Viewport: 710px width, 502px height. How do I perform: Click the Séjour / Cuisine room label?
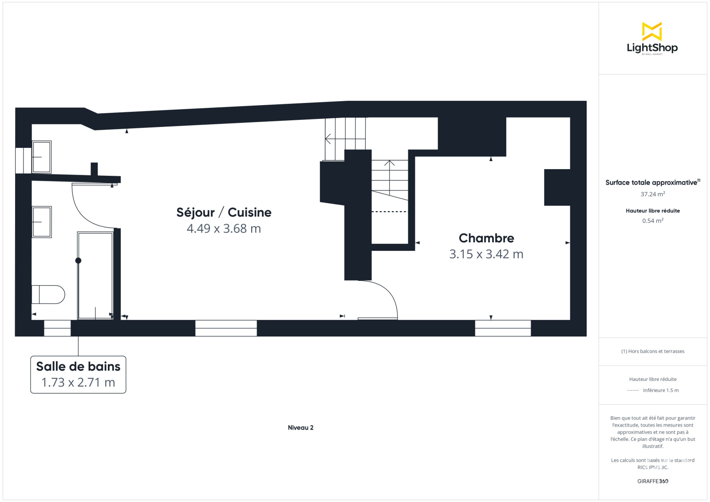(x=224, y=212)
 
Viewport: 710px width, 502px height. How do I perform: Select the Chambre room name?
(x=486, y=238)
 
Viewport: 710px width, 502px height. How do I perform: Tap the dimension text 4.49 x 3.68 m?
(x=224, y=228)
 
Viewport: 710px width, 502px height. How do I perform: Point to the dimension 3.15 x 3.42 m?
(x=486, y=254)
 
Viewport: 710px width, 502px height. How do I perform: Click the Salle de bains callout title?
(x=78, y=366)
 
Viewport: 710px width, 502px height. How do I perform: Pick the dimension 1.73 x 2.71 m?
(x=78, y=382)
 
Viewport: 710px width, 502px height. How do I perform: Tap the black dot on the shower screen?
(x=78, y=261)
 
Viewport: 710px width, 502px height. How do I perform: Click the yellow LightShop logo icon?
(x=652, y=32)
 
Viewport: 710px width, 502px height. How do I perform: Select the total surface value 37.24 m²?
(x=653, y=194)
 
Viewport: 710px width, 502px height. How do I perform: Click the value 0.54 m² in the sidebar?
(x=653, y=221)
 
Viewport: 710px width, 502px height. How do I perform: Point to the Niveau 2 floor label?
(x=300, y=427)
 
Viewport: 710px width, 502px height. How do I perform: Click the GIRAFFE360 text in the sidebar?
(x=653, y=481)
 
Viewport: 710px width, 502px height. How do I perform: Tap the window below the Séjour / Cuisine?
(x=226, y=328)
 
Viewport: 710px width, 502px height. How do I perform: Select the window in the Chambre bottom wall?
(x=503, y=328)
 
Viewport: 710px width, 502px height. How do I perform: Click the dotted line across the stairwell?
(x=390, y=212)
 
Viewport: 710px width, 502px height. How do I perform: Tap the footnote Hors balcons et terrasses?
(x=653, y=351)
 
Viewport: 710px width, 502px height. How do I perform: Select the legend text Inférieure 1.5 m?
(x=661, y=390)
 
